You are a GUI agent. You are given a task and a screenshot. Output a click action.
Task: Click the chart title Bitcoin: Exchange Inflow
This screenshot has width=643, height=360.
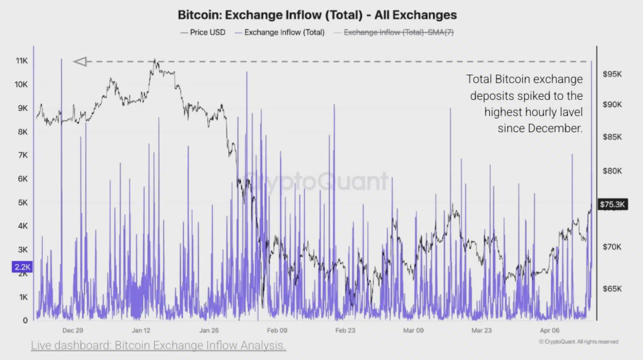(x=317, y=15)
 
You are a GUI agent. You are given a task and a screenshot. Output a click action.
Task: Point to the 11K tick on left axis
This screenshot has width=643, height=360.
(x=22, y=61)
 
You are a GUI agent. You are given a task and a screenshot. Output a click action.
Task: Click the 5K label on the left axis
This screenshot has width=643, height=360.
(x=23, y=203)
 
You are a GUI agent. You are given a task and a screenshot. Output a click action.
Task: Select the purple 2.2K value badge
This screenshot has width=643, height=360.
(x=22, y=267)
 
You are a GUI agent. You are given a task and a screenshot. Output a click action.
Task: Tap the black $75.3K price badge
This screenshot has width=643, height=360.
(x=612, y=205)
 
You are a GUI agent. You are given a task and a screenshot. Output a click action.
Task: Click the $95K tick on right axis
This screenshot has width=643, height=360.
(x=612, y=74)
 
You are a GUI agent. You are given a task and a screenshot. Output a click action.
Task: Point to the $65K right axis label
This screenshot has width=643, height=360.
(x=612, y=289)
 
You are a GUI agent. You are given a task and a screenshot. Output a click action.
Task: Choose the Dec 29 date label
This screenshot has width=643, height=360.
(x=73, y=330)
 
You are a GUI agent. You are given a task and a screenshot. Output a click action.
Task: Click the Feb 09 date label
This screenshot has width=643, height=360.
(x=277, y=330)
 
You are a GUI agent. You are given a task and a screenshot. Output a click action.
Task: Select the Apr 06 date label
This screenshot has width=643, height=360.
(x=550, y=330)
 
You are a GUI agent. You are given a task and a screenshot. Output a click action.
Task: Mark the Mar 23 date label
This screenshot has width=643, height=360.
(x=481, y=330)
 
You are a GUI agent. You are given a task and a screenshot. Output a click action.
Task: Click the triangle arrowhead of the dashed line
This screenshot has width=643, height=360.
(x=80, y=61)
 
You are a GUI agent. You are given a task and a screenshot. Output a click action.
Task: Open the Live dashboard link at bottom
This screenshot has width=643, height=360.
(x=158, y=345)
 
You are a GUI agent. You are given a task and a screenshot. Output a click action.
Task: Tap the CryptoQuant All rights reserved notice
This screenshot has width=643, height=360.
(x=578, y=342)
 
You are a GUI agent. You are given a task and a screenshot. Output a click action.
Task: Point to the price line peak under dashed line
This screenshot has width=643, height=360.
(x=156, y=61)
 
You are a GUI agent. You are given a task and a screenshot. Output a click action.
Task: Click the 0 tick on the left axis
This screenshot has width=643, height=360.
(x=25, y=320)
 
